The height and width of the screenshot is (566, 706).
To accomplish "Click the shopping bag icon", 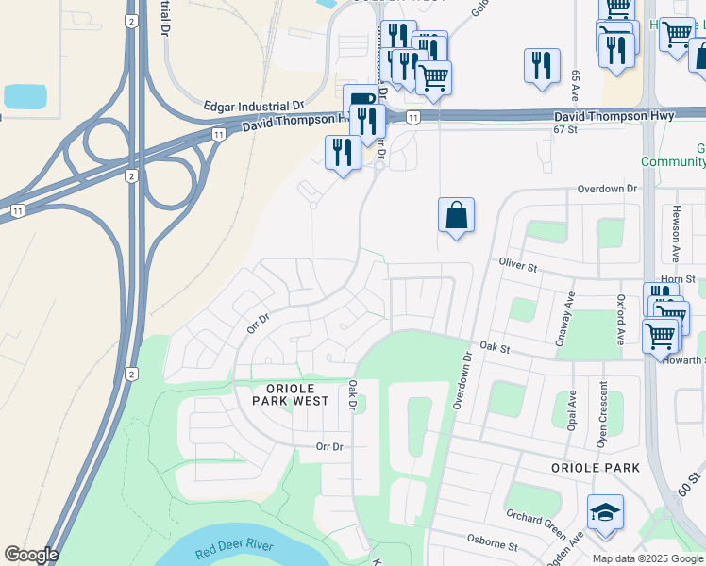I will [456, 216].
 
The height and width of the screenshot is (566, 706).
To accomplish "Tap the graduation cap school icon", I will [605, 513].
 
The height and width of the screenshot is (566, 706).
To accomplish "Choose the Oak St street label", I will [494, 348].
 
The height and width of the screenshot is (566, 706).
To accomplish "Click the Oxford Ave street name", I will [622, 322].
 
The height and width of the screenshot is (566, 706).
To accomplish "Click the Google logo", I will [31, 555].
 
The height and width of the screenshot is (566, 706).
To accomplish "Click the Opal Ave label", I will [572, 413].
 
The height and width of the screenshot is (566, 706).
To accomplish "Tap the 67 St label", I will [564, 129].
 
